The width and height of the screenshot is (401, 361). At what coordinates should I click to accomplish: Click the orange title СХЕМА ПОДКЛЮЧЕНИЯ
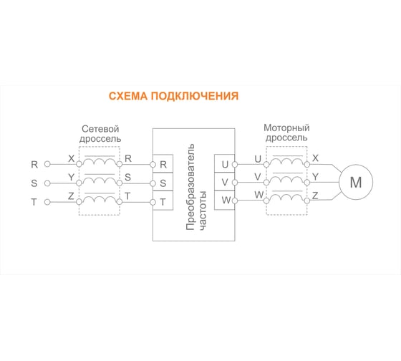coord(173,96)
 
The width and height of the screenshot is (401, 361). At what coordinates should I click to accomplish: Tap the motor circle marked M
coord(355,182)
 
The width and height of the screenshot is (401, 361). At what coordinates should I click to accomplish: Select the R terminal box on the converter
coord(163,164)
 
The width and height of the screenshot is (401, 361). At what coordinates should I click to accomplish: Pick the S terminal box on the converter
coord(163,183)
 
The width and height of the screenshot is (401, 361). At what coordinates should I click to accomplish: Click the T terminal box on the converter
coord(163,201)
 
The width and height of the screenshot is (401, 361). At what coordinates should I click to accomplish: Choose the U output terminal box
coord(225,164)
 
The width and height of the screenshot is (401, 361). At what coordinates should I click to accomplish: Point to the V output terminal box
coord(225,182)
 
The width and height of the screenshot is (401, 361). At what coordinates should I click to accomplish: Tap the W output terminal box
coord(225,200)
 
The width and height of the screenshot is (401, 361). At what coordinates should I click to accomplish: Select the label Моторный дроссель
coord(286,130)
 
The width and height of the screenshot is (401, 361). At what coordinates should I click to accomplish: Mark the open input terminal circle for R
coord(47,165)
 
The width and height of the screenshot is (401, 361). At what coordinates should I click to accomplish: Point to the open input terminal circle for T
coord(47,202)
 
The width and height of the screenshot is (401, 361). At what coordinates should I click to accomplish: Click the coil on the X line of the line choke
coord(99,162)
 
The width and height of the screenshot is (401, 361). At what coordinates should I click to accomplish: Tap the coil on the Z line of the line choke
coord(99,199)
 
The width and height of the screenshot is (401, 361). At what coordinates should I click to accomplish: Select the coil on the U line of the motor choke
coord(286,161)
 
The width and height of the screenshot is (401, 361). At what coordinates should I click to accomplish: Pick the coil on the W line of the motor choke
coord(286,197)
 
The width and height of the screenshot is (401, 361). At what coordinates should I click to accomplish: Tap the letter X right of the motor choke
coord(316,158)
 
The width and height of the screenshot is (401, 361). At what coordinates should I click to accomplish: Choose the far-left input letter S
coord(34,183)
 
